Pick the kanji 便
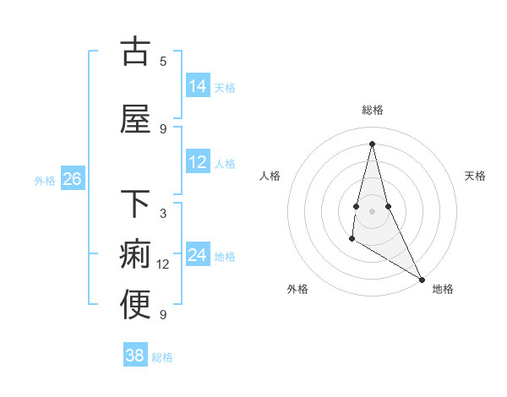[135, 305]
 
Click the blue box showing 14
[198, 86]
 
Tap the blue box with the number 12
[198, 163]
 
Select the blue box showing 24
[198, 256]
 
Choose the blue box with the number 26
[72, 179]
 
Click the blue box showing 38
[135, 356]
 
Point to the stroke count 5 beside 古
[163, 61]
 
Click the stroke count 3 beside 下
[163, 214]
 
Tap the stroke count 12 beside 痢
[163, 264]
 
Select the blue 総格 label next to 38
[162, 357]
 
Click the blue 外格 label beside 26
[45, 180]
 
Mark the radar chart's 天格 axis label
[475, 176]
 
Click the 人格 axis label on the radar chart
[270, 176]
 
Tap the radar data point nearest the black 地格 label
[422, 279]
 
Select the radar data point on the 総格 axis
[372, 143]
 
